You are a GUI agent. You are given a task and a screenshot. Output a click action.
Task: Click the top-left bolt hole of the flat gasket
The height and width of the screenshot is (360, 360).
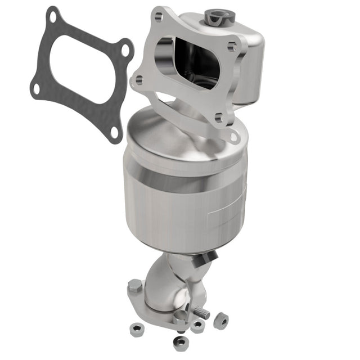[53, 16]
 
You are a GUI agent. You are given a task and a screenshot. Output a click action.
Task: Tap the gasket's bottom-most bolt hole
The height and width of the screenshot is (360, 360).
[115, 132]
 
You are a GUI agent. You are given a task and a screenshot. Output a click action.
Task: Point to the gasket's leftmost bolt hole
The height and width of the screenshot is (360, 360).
[36, 88]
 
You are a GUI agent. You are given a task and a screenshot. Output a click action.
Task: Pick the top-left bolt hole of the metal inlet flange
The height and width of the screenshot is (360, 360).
[157, 18]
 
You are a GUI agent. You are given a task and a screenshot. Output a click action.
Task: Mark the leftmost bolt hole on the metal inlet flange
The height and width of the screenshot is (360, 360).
[138, 81]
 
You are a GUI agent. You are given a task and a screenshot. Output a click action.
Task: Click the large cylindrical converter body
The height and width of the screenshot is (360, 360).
[186, 186]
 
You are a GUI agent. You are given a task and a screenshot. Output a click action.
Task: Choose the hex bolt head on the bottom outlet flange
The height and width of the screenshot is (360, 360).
[135, 286]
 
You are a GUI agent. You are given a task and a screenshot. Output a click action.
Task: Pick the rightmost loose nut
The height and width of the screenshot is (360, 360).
[221, 321]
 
